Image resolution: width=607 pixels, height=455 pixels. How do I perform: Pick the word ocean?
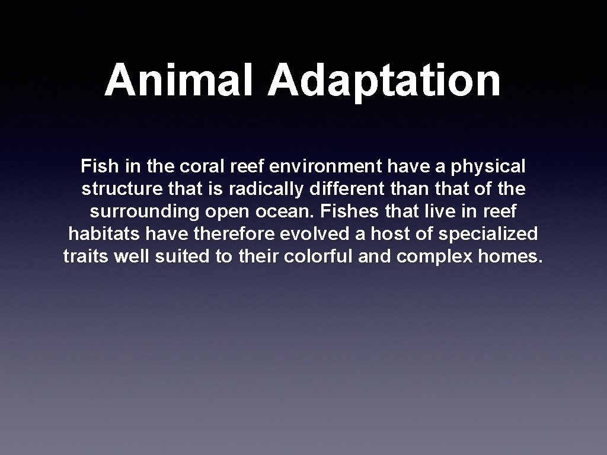292,212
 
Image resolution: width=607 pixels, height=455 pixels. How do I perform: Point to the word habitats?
104,234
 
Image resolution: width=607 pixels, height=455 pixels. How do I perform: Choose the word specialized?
488,235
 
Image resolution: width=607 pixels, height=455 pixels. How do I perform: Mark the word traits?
81,257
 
